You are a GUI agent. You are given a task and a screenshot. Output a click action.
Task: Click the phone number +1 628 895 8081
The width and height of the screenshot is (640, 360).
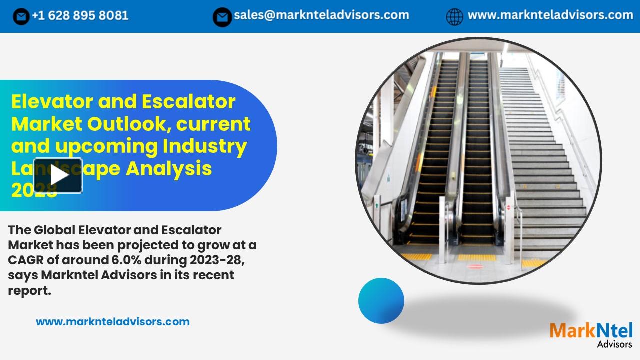click(x=80, y=16)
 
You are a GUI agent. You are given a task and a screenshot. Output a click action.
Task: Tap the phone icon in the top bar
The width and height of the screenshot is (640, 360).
click(x=21, y=17)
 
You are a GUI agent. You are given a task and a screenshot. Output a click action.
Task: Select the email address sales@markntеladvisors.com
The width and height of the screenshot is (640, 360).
click(x=321, y=15)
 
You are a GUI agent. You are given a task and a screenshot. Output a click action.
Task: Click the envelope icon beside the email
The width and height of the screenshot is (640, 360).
click(x=222, y=17)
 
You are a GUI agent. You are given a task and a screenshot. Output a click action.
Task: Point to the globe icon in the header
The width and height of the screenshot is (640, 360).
click(x=454, y=17)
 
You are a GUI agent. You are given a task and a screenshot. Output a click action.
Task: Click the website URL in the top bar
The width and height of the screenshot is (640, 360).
click(x=550, y=15)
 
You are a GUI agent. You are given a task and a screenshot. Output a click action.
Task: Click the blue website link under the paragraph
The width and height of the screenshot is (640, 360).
click(x=113, y=322)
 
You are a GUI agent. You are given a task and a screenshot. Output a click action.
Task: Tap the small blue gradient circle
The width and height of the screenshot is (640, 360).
click(x=381, y=300)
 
